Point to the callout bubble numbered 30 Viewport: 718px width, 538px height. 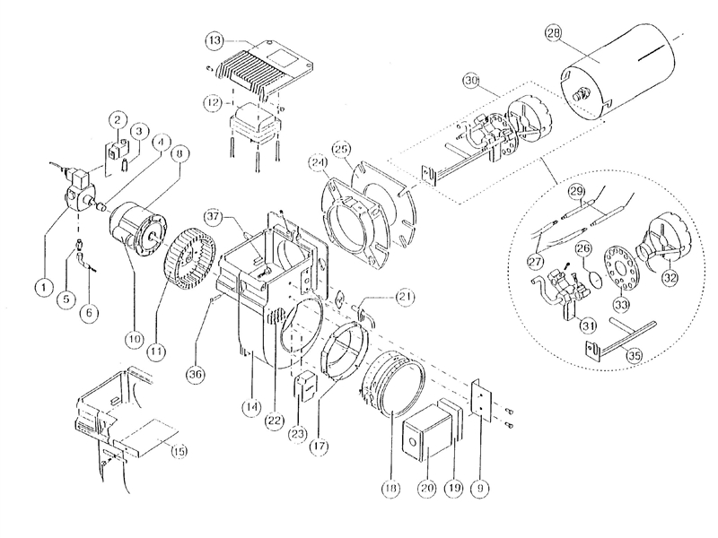[469, 80]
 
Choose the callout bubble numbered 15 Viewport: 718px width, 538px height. [179, 450]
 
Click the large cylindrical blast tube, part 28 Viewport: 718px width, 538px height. [619, 76]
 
